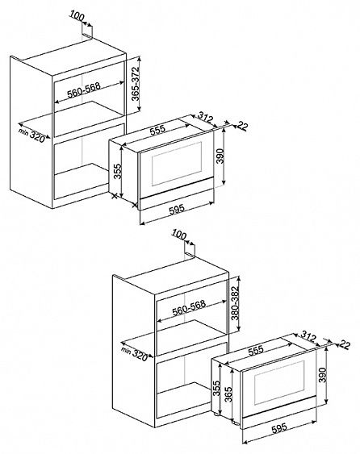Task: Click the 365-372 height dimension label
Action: (136, 84)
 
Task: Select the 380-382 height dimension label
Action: (235, 303)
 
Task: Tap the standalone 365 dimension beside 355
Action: (228, 394)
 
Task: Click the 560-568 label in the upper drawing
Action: (84, 90)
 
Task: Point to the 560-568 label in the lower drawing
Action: (189, 308)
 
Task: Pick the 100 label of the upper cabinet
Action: (77, 16)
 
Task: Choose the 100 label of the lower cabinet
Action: (179, 235)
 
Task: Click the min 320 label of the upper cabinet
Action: (32, 135)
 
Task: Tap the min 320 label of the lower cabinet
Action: (135, 354)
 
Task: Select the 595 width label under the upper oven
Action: (177, 210)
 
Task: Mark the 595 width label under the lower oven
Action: (279, 428)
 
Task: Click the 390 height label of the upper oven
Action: (220, 156)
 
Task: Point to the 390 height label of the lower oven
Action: (322, 375)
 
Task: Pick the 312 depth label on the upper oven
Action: (206, 118)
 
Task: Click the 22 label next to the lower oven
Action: (345, 345)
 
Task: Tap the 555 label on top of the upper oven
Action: (157, 130)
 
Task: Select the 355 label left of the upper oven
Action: (117, 172)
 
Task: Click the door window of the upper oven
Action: (177, 164)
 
